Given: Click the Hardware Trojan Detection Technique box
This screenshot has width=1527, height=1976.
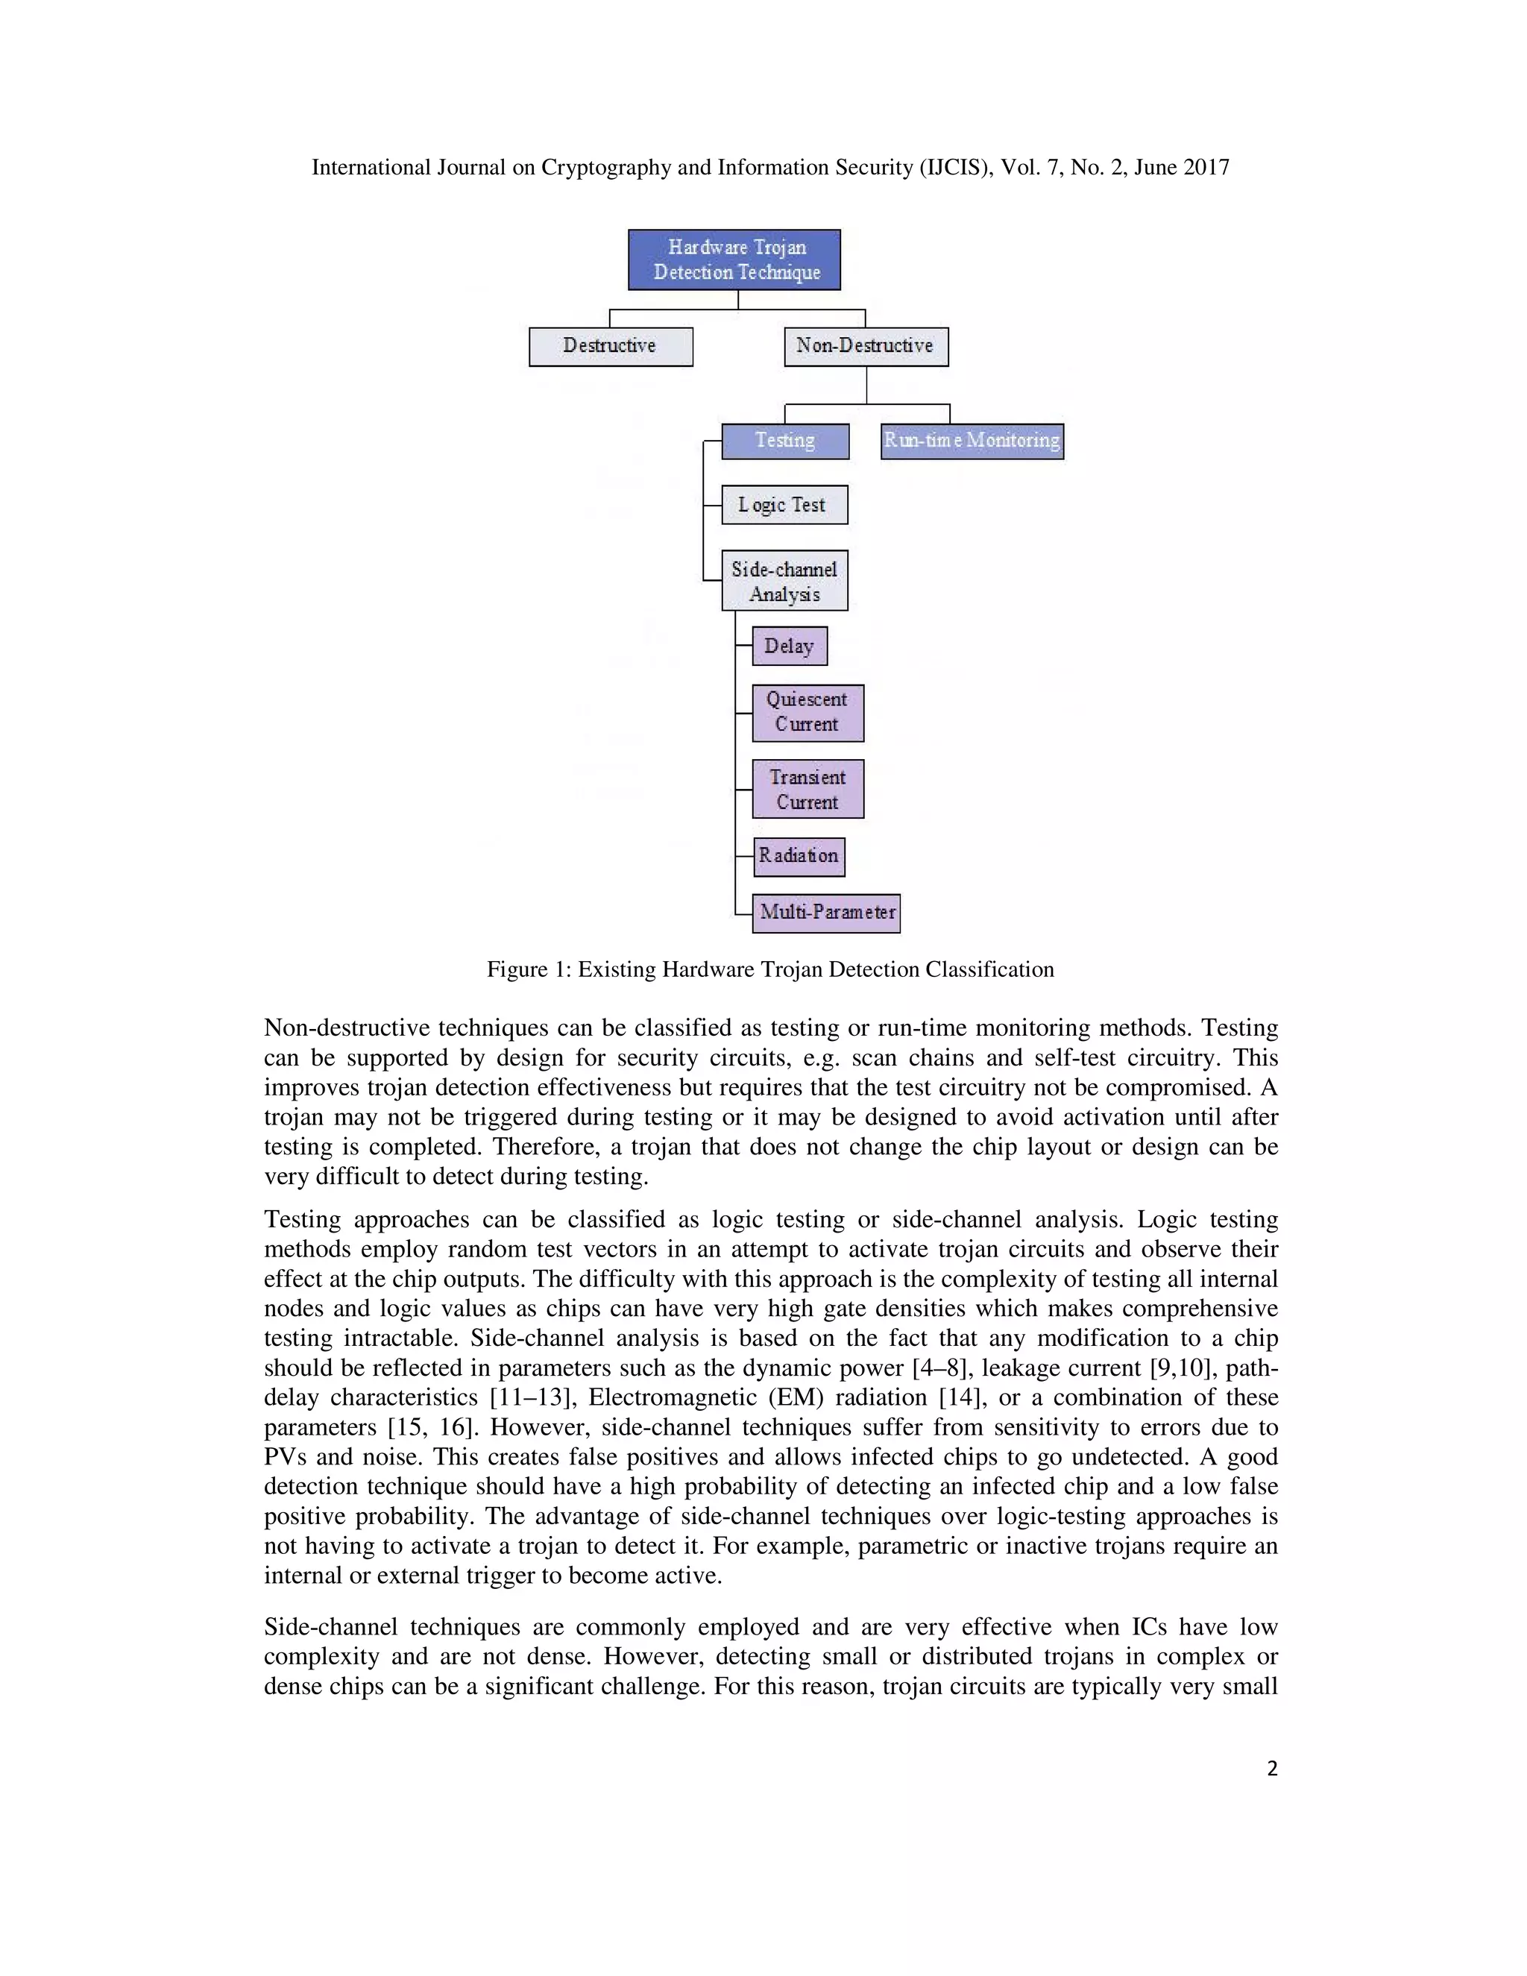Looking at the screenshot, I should pos(734,259).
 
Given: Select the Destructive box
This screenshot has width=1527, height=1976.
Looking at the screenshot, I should pos(611,347).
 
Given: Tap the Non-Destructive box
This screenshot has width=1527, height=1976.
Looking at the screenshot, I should pos(866,347).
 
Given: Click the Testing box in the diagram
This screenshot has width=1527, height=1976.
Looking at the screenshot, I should pos(785,441).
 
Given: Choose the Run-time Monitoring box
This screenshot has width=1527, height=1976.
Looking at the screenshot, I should pos(972,441).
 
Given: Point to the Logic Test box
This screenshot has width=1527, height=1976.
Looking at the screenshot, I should pos(784,505).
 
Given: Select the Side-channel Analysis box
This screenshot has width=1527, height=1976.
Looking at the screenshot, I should pos(784,581).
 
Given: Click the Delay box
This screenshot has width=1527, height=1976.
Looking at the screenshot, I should pos(790,646).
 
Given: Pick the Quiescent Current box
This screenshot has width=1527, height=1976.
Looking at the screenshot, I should pos(807,713).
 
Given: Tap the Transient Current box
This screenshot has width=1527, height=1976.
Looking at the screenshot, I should pos(807,789).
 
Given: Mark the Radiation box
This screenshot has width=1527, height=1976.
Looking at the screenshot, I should pos(799,856).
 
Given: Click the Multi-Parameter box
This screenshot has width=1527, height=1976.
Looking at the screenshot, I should pos(826,912).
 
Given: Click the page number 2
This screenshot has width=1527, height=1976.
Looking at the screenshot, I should pos(1272,1769).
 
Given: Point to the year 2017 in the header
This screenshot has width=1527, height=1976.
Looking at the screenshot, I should pos(1205,167).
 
